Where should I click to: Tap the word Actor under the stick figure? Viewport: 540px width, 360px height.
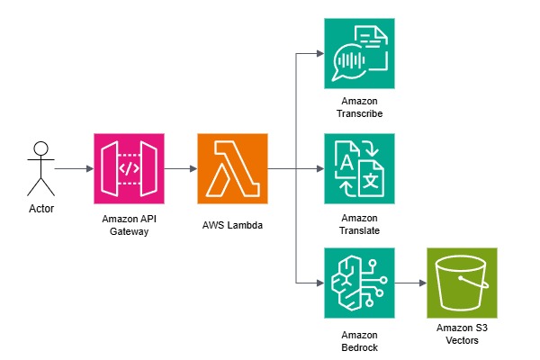(41, 209)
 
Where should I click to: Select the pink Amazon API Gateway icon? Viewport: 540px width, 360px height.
(129, 169)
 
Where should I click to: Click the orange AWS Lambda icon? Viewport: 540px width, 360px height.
(232, 169)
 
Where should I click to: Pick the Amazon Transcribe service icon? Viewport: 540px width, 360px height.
(359, 53)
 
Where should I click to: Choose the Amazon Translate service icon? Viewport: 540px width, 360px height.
(359, 169)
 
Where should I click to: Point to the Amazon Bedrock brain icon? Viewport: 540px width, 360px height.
(359, 283)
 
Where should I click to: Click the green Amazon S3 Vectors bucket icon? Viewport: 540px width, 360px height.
(462, 283)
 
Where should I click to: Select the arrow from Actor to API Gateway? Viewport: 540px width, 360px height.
(75, 169)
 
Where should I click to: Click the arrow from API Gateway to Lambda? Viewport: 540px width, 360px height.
(181, 169)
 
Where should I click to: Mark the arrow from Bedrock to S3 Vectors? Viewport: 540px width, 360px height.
(411, 283)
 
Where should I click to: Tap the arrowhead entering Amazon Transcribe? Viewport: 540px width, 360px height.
(320, 53)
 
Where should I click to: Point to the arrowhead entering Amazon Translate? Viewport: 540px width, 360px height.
(320, 169)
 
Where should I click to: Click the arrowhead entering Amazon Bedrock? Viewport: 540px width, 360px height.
(320, 283)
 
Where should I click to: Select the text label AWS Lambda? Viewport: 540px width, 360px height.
(232, 225)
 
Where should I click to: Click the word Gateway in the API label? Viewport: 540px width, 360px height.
(129, 231)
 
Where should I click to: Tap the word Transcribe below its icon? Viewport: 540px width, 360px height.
(359, 113)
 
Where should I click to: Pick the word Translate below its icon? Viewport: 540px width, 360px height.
(359, 230)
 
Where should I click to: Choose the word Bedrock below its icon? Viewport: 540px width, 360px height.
(359, 347)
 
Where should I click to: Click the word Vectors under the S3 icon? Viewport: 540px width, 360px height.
(463, 340)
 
